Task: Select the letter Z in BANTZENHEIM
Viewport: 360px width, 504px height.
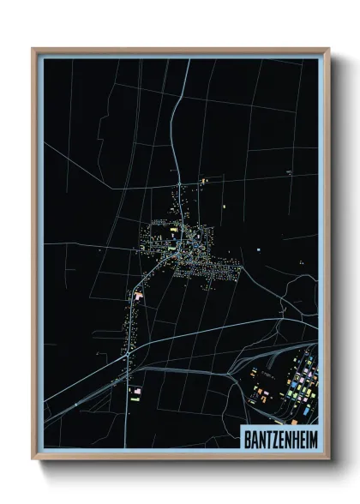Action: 273,436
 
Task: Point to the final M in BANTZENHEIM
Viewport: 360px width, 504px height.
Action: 311,436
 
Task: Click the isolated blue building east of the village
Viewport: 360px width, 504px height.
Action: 257,250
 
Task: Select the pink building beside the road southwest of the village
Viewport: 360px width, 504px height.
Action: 137,295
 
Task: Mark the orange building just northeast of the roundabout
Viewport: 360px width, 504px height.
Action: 205,180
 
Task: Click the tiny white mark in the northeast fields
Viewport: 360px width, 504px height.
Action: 289,172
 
